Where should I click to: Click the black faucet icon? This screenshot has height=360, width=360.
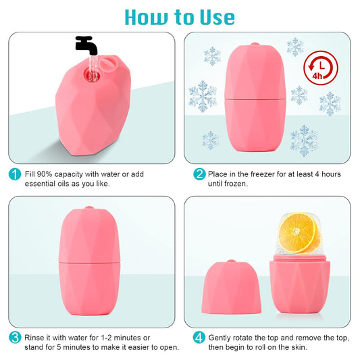coord(86,45)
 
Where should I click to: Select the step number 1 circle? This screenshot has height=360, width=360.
coord(14,174)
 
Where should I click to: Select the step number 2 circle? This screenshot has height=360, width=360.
coord(199,174)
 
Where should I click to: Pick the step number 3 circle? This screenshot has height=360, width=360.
coord(14,337)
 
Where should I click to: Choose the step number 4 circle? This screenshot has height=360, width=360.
coord(199,337)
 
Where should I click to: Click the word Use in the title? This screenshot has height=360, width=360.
coord(211,16)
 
